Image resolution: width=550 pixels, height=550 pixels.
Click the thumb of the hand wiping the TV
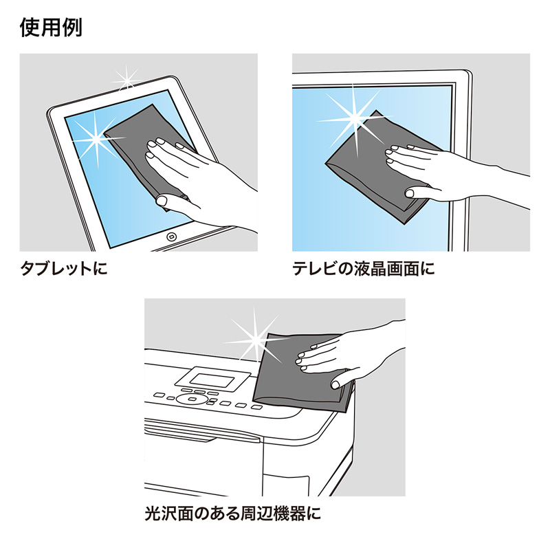[x=416, y=193]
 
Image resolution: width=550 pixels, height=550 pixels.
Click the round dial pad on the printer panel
[x=186, y=398]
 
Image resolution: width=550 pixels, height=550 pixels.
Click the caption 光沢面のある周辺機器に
[x=233, y=512]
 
